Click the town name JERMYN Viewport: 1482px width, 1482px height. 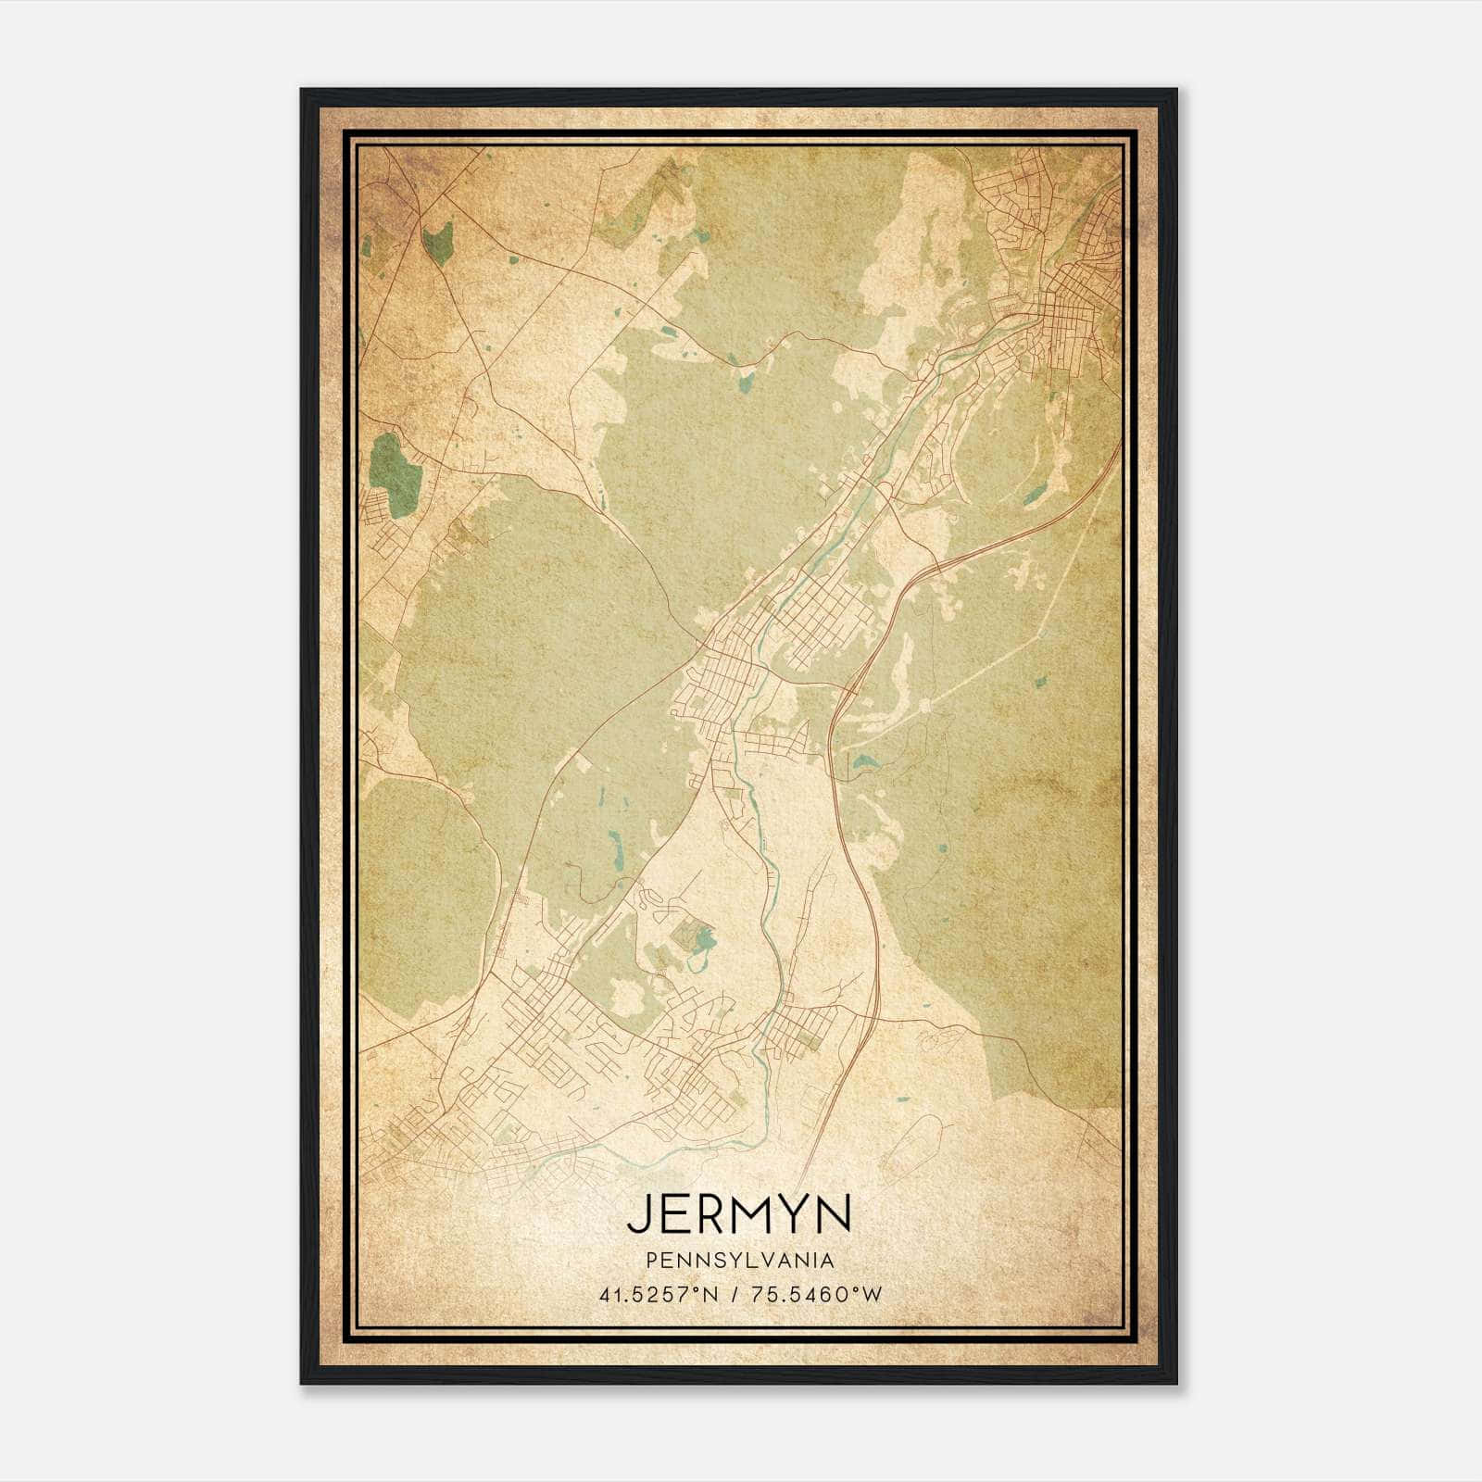click(738, 1213)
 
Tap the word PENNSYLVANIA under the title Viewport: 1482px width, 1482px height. click(739, 1261)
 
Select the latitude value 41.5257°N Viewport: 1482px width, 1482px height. click(659, 1294)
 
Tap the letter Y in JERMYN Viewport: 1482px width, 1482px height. click(787, 1213)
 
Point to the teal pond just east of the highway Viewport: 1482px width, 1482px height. click(864, 763)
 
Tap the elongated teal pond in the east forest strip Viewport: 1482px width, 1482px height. click(1033, 496)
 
